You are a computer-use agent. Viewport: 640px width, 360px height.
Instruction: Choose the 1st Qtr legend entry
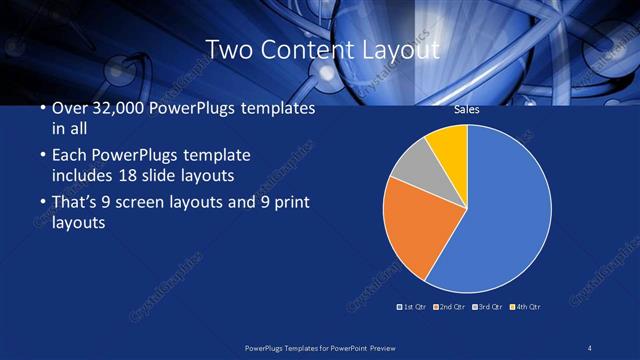coord(414,306)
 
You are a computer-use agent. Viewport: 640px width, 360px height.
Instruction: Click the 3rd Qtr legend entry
coord(489,306)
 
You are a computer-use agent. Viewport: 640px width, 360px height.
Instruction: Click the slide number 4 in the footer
coord(591,347)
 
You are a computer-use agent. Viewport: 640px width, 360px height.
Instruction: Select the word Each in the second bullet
coord(68,156)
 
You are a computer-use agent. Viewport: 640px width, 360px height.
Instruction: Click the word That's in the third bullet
coord(75,203)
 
